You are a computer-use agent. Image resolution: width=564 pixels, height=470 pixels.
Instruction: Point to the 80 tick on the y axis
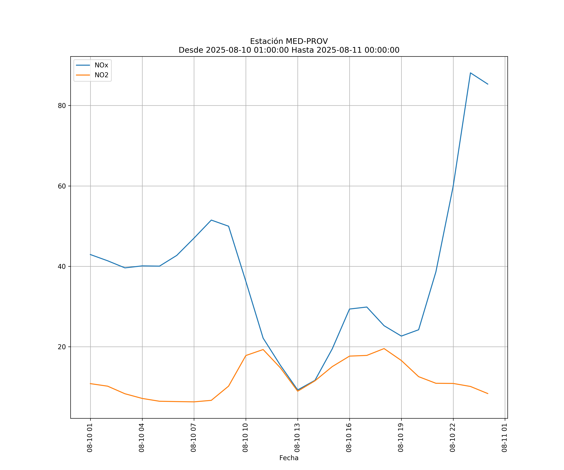tap(62, 106)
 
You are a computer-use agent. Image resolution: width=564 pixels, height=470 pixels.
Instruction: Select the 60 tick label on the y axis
tap(62, 186)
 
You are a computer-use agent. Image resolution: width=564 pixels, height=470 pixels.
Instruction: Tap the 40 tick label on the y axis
tap(62, 266)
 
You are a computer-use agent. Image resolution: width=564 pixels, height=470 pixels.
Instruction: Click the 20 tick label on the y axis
tap(62, 347)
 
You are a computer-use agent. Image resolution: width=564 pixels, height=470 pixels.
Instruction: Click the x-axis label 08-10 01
tap(90, 438)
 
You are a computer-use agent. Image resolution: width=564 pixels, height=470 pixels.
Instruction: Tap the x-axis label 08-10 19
tap(401, 438)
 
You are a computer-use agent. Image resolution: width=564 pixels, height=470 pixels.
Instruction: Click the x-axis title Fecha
tap(289, 458)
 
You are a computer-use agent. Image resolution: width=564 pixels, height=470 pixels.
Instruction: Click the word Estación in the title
tap(266, 41)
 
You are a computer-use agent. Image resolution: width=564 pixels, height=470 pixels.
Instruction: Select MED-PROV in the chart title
tap(307, 41)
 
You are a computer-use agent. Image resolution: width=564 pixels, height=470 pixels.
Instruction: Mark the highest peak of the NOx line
tap(470, 73)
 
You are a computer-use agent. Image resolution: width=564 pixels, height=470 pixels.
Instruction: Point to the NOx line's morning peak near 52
tap(211, 220)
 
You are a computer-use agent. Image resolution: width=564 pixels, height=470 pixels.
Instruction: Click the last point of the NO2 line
tap(488, 393)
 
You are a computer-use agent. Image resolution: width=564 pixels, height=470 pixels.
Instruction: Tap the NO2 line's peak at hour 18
tap(384, 349)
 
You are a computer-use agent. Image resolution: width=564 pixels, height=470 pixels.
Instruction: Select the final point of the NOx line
tap(488, 84)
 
